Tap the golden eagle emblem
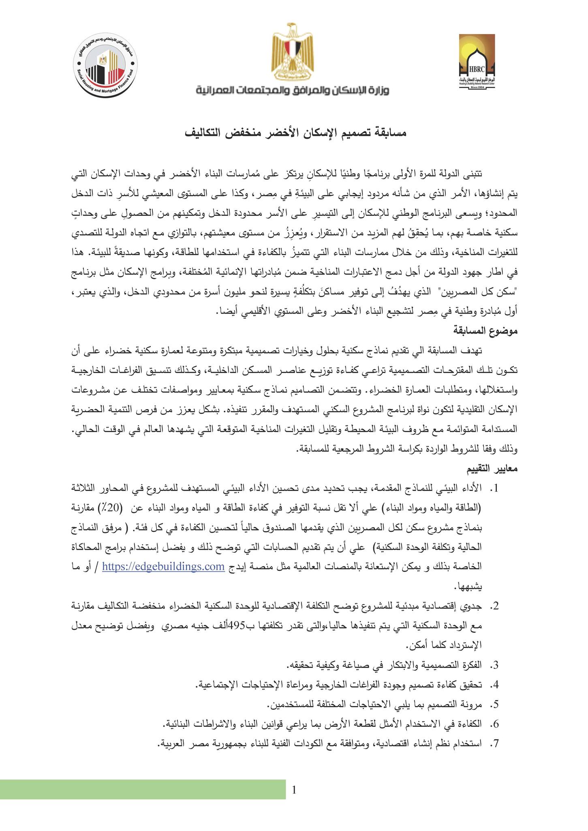coord(292,53)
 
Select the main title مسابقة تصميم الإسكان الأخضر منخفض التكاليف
coord(295,133)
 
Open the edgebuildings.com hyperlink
coord(163,566)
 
